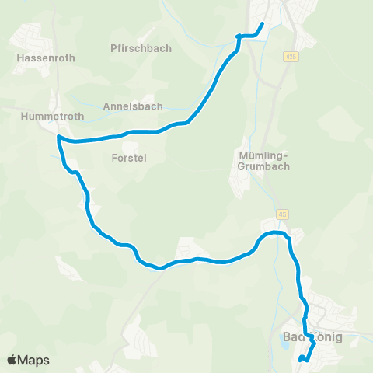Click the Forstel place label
click(129, 157)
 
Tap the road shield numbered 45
click(281, 214)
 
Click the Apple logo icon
click(12, 361)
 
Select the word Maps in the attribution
click(33, 361)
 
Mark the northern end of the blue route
click(263, 24)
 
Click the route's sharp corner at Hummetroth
click(59, 138)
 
